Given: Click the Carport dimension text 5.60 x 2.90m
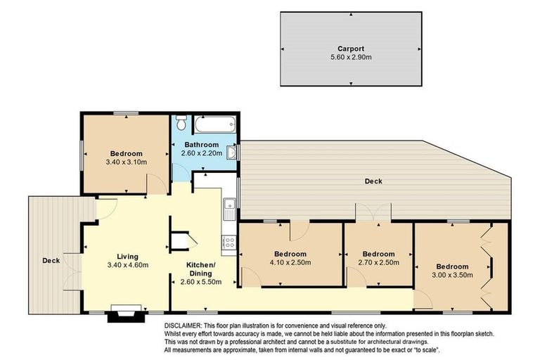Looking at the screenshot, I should [350, 57].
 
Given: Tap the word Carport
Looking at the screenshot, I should [350, 49].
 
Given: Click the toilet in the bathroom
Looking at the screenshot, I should [181, 124].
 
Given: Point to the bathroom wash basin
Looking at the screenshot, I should [232, 152].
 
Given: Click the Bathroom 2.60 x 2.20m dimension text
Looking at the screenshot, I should [202, 153].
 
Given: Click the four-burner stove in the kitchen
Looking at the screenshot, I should [229, 243].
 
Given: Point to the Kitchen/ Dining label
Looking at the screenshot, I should [200, 269].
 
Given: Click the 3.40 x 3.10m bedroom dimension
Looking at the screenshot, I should [127, 162].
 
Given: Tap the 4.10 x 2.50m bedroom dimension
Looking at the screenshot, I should [290, 262].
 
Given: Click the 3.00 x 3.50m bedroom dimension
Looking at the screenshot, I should [452, 275].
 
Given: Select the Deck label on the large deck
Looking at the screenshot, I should [373, 181].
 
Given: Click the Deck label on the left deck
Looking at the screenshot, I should [51, 261].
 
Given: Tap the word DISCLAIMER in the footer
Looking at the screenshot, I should [183, 326].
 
